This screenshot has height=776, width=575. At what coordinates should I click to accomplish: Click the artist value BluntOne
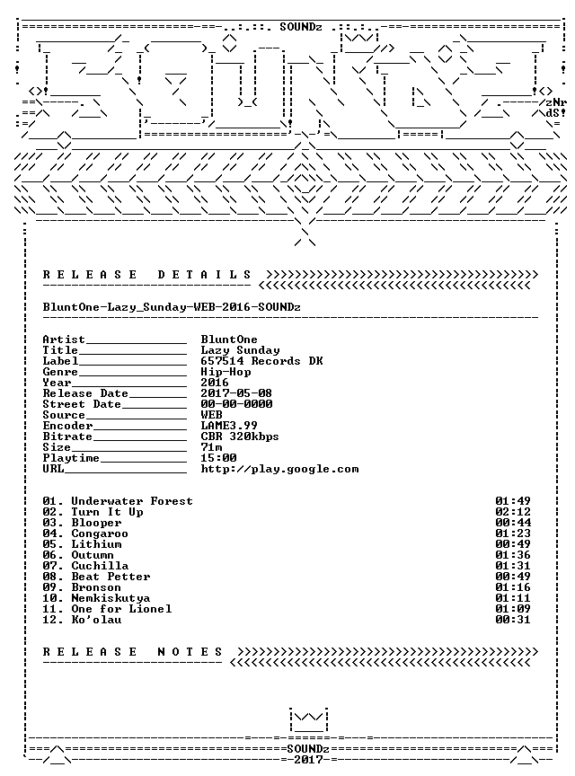point(229,339)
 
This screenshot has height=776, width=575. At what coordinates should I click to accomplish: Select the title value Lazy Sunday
point(240,350)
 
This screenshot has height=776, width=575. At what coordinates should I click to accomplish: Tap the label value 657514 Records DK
point(261,361)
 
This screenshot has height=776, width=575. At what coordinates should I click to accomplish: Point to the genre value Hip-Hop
point(226,372)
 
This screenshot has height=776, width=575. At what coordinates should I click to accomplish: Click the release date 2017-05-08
point(236,393)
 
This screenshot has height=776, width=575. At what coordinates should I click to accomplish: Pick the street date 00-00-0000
point(236,404)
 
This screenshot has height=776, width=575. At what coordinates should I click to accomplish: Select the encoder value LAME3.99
point(229,426)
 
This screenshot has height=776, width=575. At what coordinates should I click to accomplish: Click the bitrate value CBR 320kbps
point(240,436)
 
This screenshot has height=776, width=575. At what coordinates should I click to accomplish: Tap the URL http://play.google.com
point(279,469)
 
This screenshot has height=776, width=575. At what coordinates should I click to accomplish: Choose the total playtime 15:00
point(218,458)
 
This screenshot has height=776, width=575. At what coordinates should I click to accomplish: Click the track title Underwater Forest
point(132,501)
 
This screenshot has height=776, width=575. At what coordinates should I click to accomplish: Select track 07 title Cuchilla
point(100,566)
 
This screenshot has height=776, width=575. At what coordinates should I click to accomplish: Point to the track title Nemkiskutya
point(111,598)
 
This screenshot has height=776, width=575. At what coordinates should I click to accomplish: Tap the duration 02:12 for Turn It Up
point(513,512)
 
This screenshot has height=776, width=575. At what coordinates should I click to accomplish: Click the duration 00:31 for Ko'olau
point(513,620)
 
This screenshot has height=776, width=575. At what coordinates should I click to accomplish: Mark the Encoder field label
point(67,426)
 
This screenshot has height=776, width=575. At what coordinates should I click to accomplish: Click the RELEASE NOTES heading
point(133,652)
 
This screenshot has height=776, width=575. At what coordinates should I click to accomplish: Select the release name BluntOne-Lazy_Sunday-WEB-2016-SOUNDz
point(172,307)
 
